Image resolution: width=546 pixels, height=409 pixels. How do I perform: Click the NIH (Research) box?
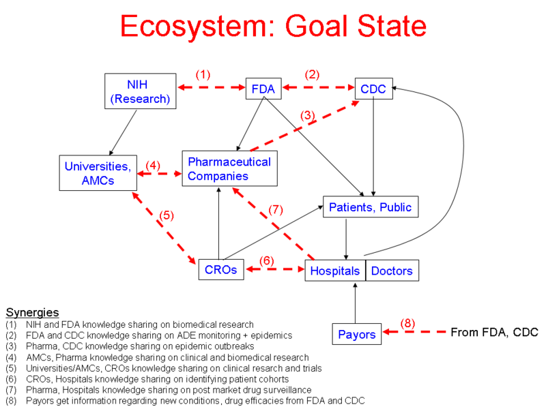[x=141, y=91]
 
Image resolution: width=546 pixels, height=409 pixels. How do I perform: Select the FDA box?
[x=263, y=89]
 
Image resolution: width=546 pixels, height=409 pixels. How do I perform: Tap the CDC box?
[x=373, y=89]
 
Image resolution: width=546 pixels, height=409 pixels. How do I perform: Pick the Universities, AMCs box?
[x=98, y=173]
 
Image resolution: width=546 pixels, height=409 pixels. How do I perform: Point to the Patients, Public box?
[x=370, y=207]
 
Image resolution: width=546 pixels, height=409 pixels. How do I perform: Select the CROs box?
[x=220, y=270]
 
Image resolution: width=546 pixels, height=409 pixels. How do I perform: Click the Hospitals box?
[x=335, y=271]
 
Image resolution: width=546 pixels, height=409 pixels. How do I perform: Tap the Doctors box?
[x=392, y=271]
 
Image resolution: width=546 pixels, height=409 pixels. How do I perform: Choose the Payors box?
[x=357, y=334]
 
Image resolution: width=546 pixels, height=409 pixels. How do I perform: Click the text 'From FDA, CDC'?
[x=494, y=333]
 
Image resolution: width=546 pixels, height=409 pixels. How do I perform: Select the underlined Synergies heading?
[x=32, y=312]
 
